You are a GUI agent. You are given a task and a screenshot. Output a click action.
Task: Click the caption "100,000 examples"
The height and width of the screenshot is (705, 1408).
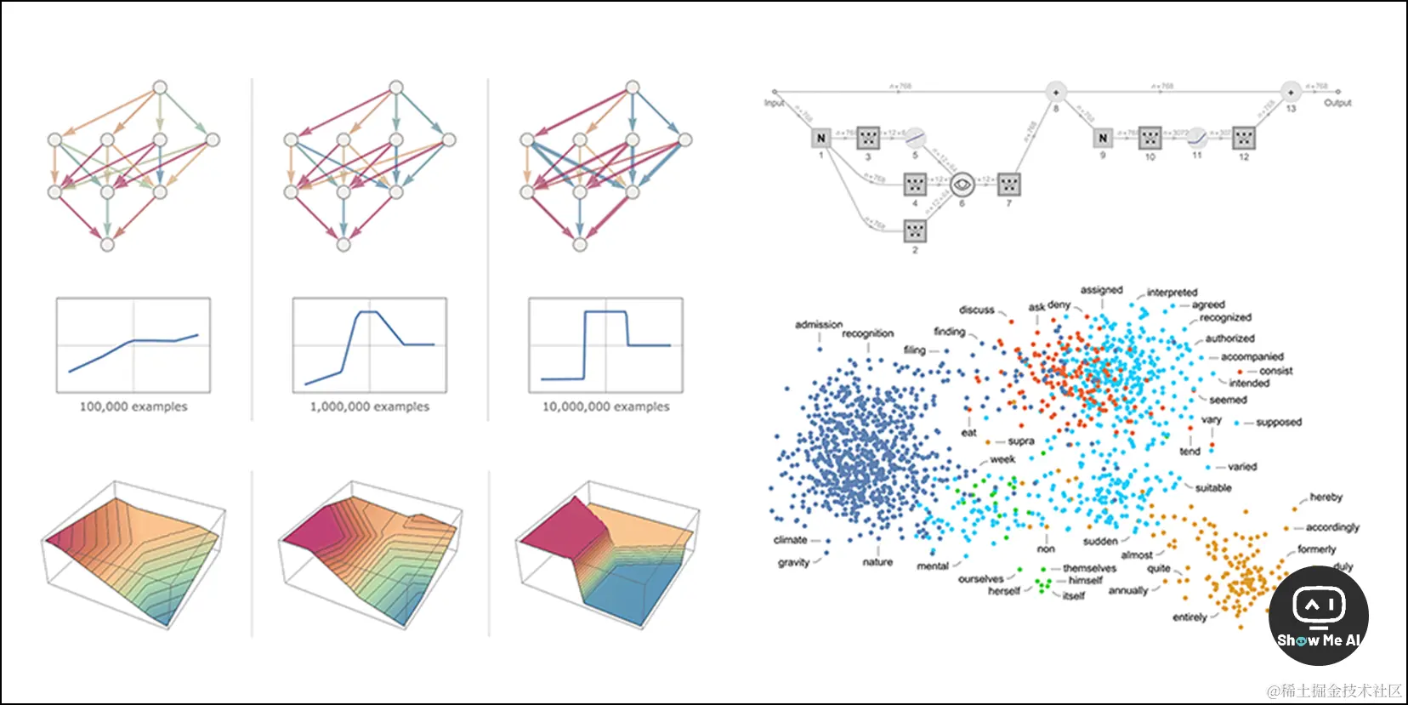pyautogui.click(x=133, y=407)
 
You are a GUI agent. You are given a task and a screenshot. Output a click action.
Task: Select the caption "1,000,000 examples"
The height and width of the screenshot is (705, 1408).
pyautogui.click(x=370, y=407)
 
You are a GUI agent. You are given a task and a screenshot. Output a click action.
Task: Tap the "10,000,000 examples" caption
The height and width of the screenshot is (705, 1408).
pyautogui.click(x=606, y=407)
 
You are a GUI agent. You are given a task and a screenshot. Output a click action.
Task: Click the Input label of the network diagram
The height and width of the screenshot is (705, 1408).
pyautogui.click(x=774, y=103)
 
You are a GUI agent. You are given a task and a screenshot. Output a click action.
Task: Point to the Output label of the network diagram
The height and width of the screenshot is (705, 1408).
pyautogui.click(x=1337, y=103)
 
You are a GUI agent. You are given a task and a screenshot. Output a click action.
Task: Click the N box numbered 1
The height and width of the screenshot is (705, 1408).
pyautogui.click(x=820, y=138)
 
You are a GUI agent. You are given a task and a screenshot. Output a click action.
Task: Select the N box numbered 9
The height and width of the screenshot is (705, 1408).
pyautogui.click(x=1103, y=138)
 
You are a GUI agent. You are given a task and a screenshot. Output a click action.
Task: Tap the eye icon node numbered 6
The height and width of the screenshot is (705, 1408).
pyautogui.click(x=962, y=184)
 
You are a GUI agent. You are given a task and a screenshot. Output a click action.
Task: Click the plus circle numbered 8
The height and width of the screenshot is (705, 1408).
pyautogui.click(x=1056, y=92)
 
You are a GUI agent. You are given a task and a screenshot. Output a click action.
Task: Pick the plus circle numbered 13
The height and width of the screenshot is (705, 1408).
pyautogui.click(x=1291, y=92)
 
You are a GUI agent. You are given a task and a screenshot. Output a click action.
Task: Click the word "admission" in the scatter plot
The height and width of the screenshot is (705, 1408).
pyautogui.click(x=819, y=325)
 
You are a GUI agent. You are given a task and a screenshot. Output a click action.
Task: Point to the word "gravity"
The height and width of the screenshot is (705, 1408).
pyautogui.click(x=793, y=562)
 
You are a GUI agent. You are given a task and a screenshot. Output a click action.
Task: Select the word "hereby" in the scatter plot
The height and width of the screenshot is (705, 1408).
pyautogui.click(x=1326, y=497)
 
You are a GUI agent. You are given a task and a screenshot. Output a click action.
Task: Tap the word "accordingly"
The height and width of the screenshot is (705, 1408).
pyautogui.click(x=1332, y=527)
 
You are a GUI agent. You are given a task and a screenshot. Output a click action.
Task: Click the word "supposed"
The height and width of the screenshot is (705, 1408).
pyautogui.click(x=1278, y=422)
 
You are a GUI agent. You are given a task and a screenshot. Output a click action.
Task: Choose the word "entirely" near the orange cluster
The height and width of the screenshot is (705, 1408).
pyautogui.click(x=1189, y=617)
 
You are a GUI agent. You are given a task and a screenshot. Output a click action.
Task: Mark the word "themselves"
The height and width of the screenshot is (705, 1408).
pyautogui.click(x=1089, y=568)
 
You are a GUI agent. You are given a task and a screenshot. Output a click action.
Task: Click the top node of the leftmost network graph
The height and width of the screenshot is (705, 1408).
pyautogui.click(x=160, y=87)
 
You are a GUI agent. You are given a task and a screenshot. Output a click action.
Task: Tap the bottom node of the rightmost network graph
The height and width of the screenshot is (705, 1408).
pyautogui.click(x=580, y=245)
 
